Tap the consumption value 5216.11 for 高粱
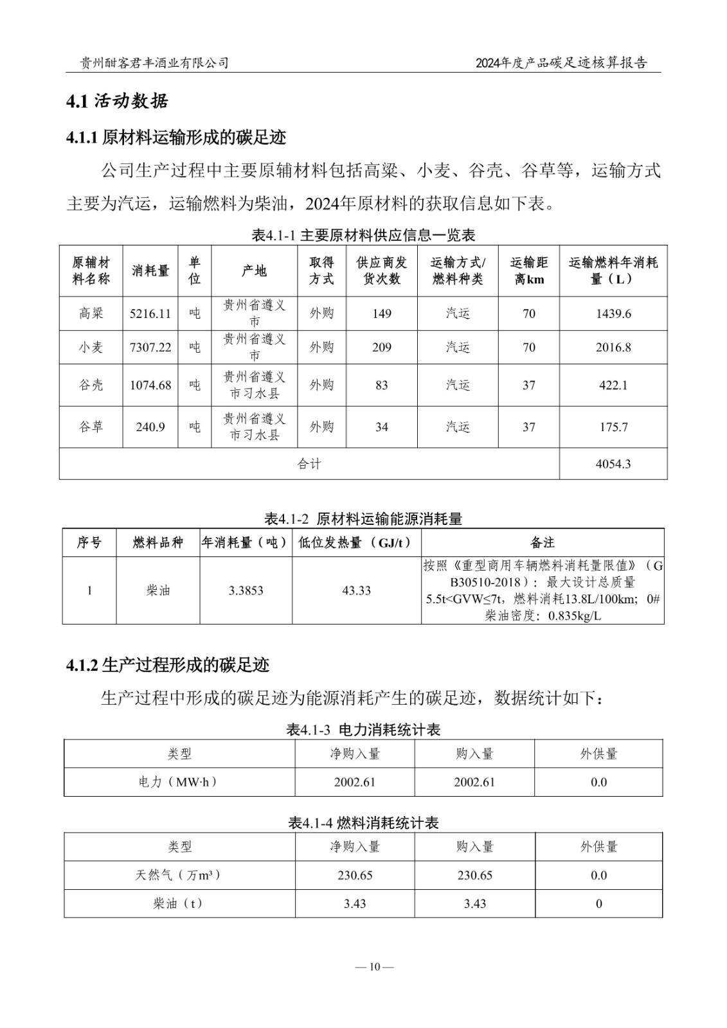point(150,314)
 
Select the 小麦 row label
point(91,348)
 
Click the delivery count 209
point(382,348)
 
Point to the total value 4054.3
point(613,464)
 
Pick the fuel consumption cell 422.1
point(613,385)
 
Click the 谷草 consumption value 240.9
point(150,427)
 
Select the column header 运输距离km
point(528,270)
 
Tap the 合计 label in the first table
point(309,464)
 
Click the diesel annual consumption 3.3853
point(246,590)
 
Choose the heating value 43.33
point(356,590)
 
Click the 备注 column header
point(543,543)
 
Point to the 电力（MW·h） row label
point(179,782)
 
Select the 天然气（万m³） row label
point(179,875)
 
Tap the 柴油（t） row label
point(179,903)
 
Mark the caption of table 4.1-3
point(363,730)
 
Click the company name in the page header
point(154,62)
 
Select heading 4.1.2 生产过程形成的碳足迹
point(168,665)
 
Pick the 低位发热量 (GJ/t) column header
point(356,543)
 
